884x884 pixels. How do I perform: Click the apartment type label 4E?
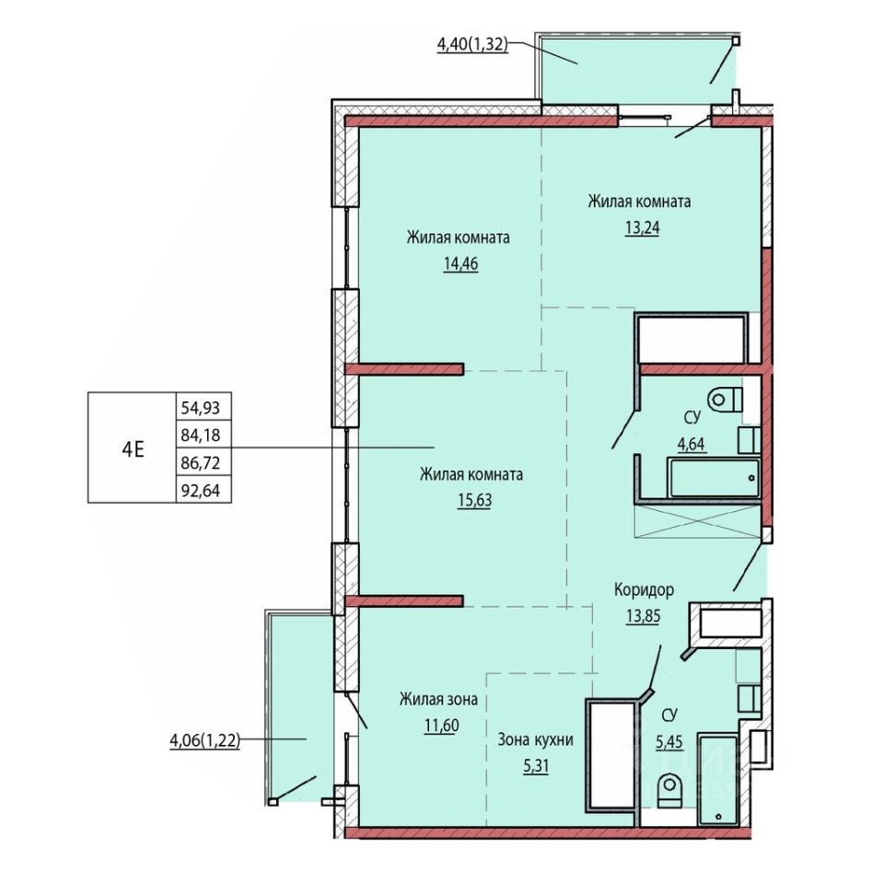133,449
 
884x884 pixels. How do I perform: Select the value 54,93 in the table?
201,408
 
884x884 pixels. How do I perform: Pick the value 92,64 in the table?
201,491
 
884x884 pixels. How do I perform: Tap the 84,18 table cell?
201,436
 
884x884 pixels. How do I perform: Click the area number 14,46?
461,264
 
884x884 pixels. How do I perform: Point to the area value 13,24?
642,227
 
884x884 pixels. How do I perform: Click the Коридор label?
644,590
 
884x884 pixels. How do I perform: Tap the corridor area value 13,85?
644,616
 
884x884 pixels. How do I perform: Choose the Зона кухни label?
535,739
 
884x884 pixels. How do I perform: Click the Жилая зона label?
438,699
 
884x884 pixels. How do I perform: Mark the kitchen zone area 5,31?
536,766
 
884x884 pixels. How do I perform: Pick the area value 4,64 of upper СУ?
692,444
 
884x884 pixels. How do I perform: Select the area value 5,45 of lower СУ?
669,742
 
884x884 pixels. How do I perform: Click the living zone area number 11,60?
441,726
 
